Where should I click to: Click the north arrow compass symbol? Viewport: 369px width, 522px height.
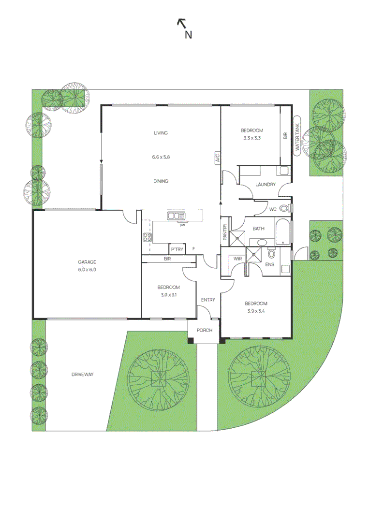(185, 28)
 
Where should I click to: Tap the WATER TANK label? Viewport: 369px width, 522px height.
(297, 137)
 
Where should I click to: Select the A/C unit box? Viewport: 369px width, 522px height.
(217, 158)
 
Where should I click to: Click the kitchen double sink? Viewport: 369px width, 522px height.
(176, 216)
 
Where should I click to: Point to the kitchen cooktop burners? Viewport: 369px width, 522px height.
(147, 237)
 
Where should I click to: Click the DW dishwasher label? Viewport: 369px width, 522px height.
(182, 225)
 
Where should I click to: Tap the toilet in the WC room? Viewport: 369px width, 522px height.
(284, 208)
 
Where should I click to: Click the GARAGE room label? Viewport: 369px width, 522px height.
(87, 262)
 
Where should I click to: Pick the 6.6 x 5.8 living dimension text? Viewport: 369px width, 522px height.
(161, 157)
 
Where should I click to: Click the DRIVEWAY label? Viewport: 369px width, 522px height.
(83, 375)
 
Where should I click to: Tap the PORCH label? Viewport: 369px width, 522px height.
(205, 330)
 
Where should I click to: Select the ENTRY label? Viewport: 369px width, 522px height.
(208, 300)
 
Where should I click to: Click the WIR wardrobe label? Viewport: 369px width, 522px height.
(238, 259)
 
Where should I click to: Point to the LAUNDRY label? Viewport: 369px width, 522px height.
(266, 185)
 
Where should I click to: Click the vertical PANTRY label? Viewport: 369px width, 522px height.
(225, 232)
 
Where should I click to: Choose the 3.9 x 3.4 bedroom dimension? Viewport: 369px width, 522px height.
(256, 311)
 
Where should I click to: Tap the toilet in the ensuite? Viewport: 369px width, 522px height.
(271, 254)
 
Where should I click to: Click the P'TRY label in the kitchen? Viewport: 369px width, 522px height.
(177, 249)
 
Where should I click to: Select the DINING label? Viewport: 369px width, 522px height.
(161, 181)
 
